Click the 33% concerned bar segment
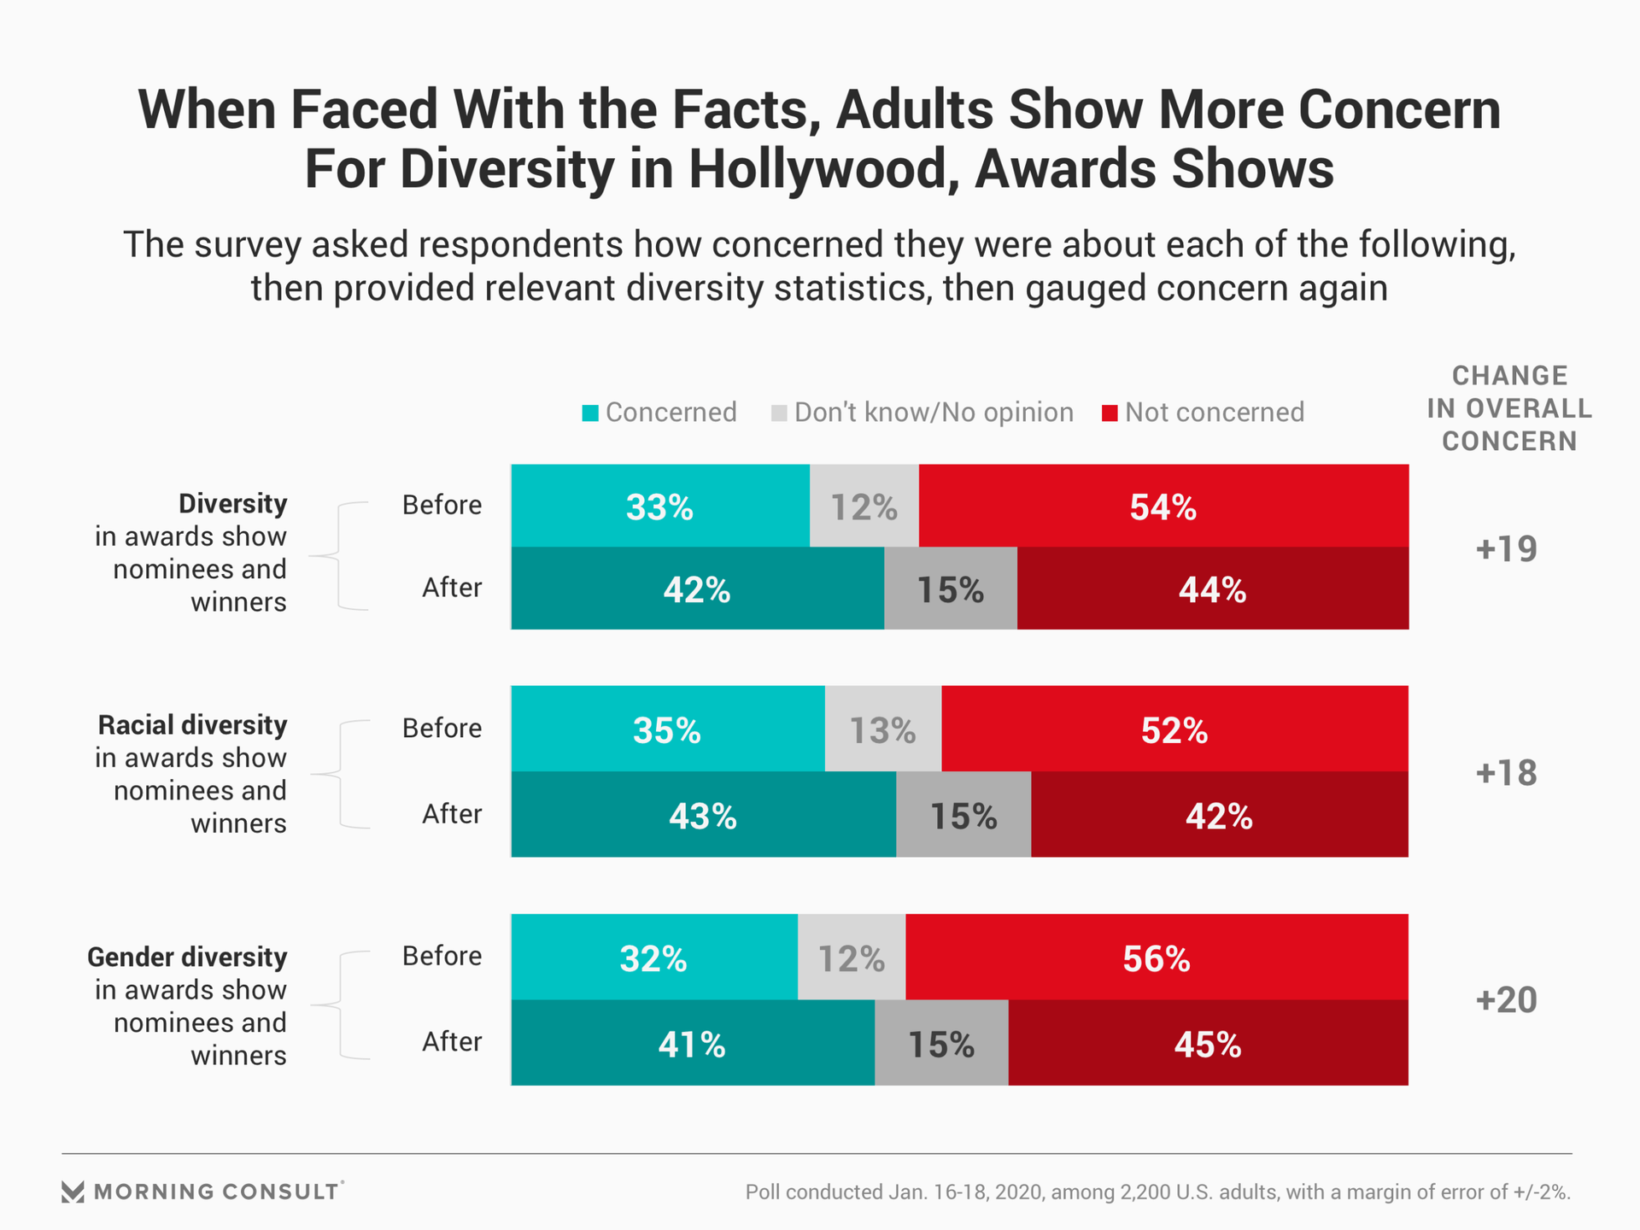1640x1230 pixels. (x=659, y=506)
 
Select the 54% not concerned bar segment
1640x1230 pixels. (x=1163, y=506)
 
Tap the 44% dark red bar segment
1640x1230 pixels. (x=1212, y=589)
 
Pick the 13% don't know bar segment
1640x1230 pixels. (x=882, y=729)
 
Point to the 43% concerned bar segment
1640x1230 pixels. (x=703, y=815)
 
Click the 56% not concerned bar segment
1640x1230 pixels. (x=1157, y=958)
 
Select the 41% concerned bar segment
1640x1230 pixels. (x=692, y=1043)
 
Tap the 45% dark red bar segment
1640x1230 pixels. (x=1207, y=1043)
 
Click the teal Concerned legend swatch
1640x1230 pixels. (x=590, y=413)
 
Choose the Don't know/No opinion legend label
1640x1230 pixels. (x=934, y=413)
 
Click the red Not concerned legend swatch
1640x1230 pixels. (x=1110, y=413)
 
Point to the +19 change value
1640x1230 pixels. (x=1506, y=548)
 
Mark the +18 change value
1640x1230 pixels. (x=1506, y=772)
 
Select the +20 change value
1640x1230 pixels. (x=1506, y=999)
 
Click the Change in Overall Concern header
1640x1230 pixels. (x=1509, y=408)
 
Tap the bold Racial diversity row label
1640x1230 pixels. (x=192, y=725)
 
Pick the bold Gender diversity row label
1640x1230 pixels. (x=187, y=957)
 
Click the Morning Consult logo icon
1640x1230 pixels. (x=73, y=1192)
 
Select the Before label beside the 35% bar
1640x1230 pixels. (x=442, y=728)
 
